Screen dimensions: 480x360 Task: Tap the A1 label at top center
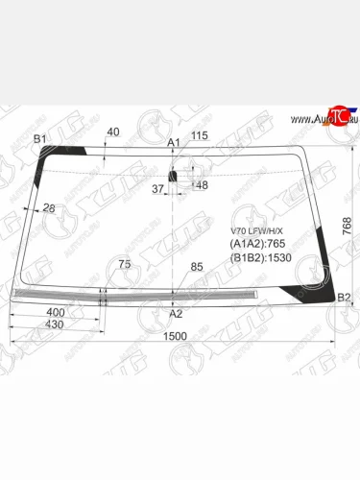[174, 142]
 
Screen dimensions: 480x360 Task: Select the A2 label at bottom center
[175, 313]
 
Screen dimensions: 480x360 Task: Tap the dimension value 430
[56, 325]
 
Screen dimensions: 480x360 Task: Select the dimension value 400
[56, 313]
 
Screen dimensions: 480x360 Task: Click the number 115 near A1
[200, 136]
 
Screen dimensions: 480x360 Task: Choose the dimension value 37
[158, 188]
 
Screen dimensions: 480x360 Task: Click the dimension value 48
[201, 185]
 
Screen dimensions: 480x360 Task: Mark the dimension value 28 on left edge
[48, 208]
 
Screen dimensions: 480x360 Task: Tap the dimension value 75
[124, 264]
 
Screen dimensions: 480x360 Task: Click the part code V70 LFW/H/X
[257, 231]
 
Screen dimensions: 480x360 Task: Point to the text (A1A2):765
[256, 245]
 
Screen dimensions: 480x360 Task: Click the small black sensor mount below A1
[174, 177]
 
